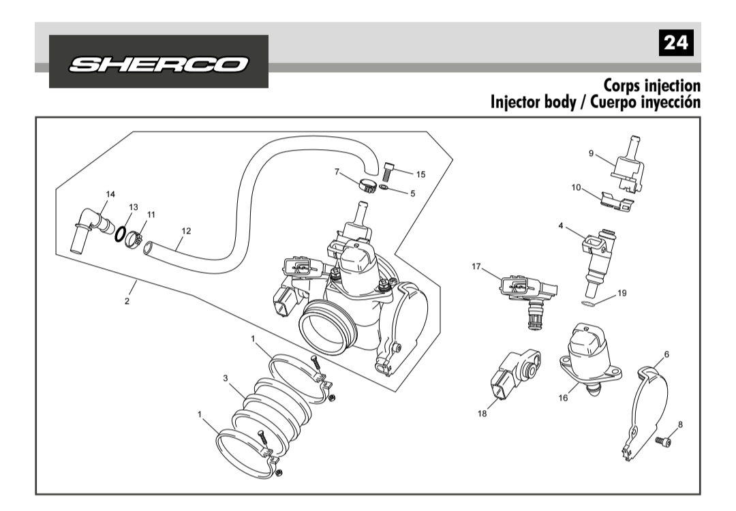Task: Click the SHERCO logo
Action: [158, 62]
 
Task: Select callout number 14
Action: [110, 194]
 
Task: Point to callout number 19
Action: [622, 293]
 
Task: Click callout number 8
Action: [680, 424]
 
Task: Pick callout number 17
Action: [477, 266]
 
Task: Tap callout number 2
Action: [127, 301]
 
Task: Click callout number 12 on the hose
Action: [185, 231]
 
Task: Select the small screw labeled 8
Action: [662, 442]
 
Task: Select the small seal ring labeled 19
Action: [590, 300]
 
